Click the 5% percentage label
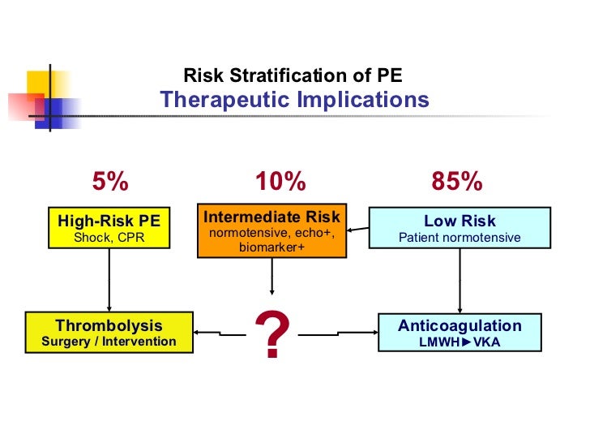[x=109, y=183]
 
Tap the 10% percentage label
[x=280, y=183]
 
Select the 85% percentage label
[x=457, y=183]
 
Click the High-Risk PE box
[x=109, y=228]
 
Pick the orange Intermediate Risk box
[x=271, y=231]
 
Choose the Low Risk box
[x=460, y=228]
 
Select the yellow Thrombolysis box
[x=109, y=333]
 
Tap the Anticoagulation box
[x=460, y=333]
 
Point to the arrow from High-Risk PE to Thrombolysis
[x=109, y=280]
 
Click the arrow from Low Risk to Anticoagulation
[x=460, y=280]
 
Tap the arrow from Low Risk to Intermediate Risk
[x=357, y=234]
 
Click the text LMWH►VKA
[x=460, y=342]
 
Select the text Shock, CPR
[x=109, y=238]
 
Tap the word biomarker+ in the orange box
[x=271, y=247]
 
